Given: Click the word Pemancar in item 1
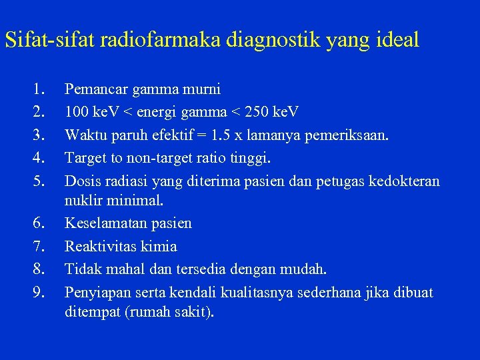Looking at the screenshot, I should tap(94, 89).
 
